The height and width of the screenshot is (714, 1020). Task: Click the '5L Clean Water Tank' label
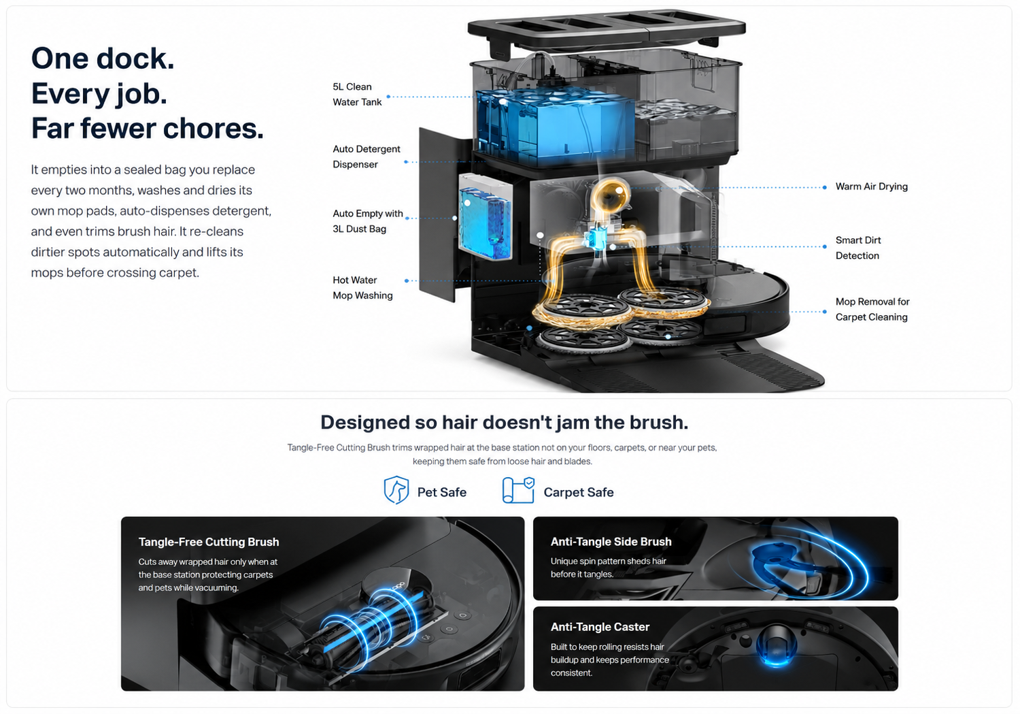coord(358,95)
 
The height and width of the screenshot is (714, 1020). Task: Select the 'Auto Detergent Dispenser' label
coord(367,157)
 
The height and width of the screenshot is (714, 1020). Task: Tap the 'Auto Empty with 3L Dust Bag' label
coord(368,221)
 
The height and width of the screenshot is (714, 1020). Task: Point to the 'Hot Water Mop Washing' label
coord(362,287)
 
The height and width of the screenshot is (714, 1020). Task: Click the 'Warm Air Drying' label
coord(872,186)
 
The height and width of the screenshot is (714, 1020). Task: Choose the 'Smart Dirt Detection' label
coord(858,248)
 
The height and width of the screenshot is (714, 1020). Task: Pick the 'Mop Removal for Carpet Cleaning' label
coord(872,310)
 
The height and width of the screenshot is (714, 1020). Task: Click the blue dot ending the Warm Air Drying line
coord(825,187)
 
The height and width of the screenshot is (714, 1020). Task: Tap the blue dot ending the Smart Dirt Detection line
coord(825,246)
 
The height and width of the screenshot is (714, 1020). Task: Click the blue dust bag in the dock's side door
coord(486,223)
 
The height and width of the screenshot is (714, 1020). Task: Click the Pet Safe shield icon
coord(396,490)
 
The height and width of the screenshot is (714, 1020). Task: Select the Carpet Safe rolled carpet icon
coord(518,490)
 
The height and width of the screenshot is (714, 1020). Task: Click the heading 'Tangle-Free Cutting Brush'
coord(209,542)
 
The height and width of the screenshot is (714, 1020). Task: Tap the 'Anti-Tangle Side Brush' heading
coord(611,541)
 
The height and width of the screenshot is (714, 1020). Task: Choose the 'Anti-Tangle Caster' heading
coord(600,627)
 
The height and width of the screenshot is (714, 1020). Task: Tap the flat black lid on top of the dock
coord(607,29)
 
